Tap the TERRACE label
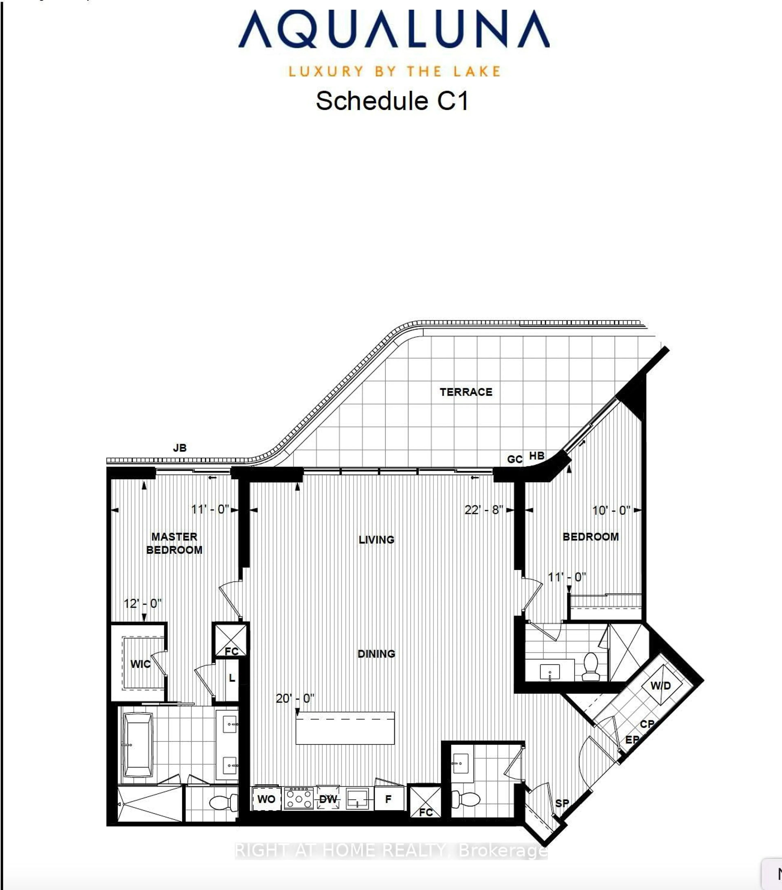pyautogui.click(x=466, y=392)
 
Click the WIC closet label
pyautogui.click(x=140, y=664)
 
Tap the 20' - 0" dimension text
pyautogui.click(x=295, y=698)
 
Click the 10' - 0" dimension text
pyautogui.click(x=611, y=510)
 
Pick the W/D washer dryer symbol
pyautogui.click(x=660, y=686)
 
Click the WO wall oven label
pyautogui.click(x=266, y=799)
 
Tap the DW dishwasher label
pyautogui.click(x=328, y=799)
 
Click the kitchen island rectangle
pyautogui.click(x=345, y=728)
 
